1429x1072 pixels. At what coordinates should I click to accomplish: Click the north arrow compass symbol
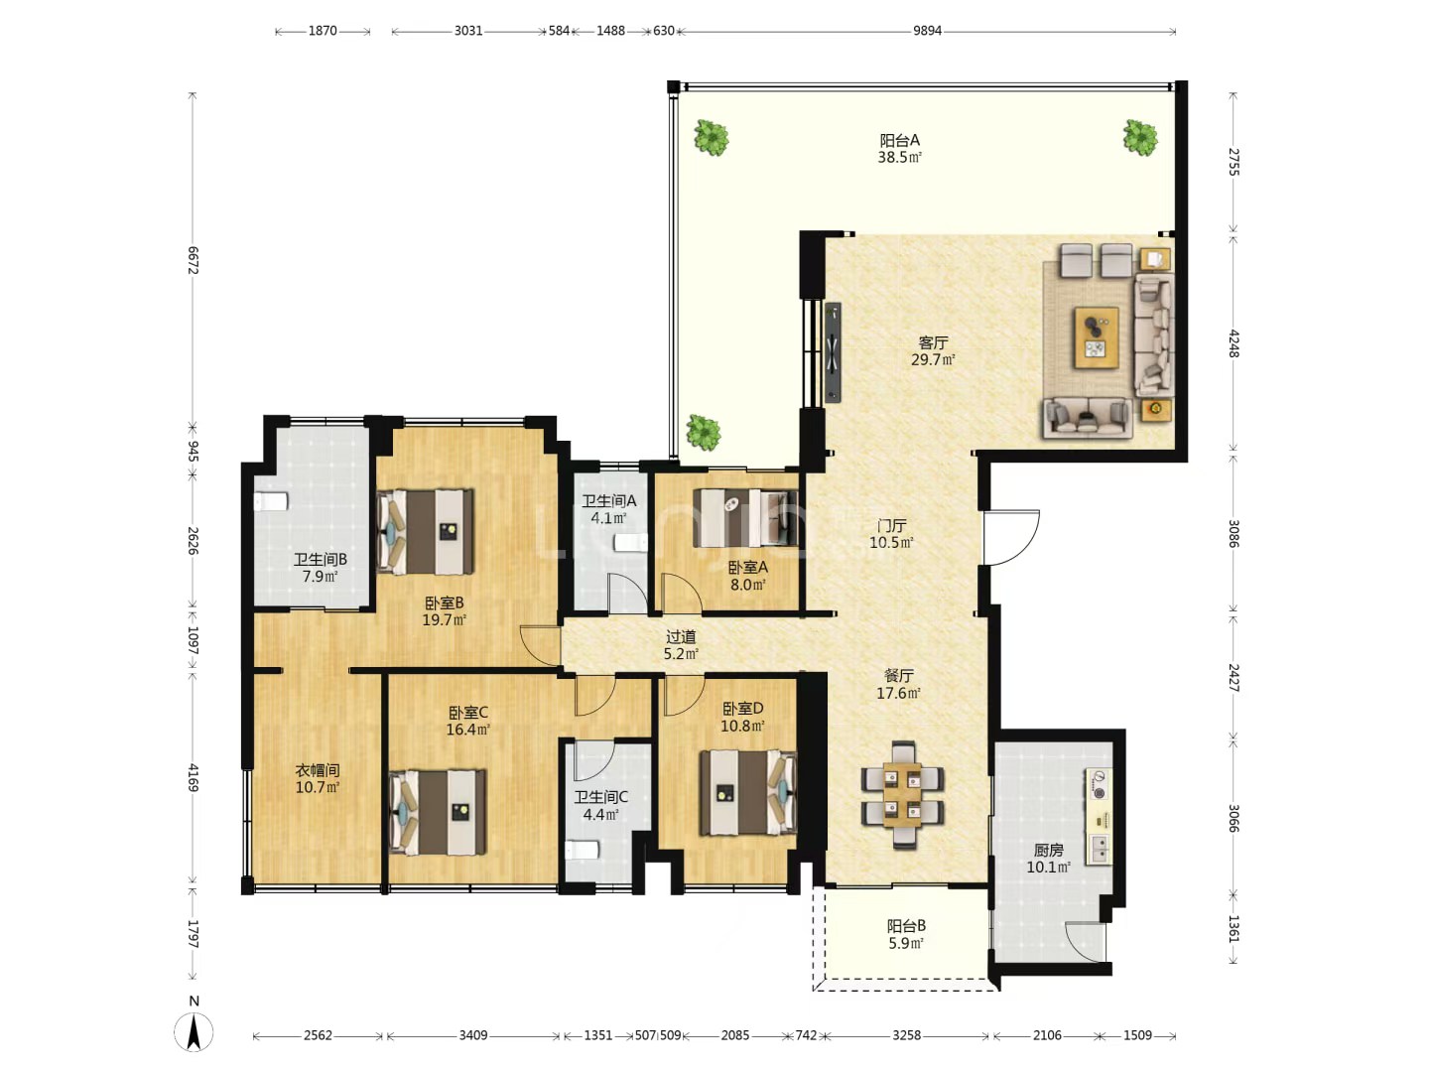194,1031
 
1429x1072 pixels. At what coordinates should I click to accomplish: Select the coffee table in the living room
1097,337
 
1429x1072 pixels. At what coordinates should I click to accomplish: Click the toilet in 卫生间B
270,502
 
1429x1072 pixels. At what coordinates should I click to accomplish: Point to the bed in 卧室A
745,518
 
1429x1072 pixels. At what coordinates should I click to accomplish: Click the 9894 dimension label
927,31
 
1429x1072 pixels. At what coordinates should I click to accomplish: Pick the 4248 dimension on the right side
1234,343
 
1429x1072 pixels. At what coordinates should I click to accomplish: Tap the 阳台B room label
906,925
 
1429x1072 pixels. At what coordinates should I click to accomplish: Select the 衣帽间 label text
317,770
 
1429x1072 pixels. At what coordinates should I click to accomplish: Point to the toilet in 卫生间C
582,850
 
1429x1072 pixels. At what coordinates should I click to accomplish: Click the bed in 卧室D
748,793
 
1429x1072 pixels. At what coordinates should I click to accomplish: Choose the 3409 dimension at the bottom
473,1035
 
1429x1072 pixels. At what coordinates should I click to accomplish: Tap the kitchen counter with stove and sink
1099,816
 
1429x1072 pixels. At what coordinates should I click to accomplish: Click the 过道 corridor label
681,636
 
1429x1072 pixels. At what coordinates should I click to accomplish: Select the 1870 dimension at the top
323,31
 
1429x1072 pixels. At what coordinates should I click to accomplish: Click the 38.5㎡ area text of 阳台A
900,157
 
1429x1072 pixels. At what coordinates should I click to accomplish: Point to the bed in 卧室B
425,532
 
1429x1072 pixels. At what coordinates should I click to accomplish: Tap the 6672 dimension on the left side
193,260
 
